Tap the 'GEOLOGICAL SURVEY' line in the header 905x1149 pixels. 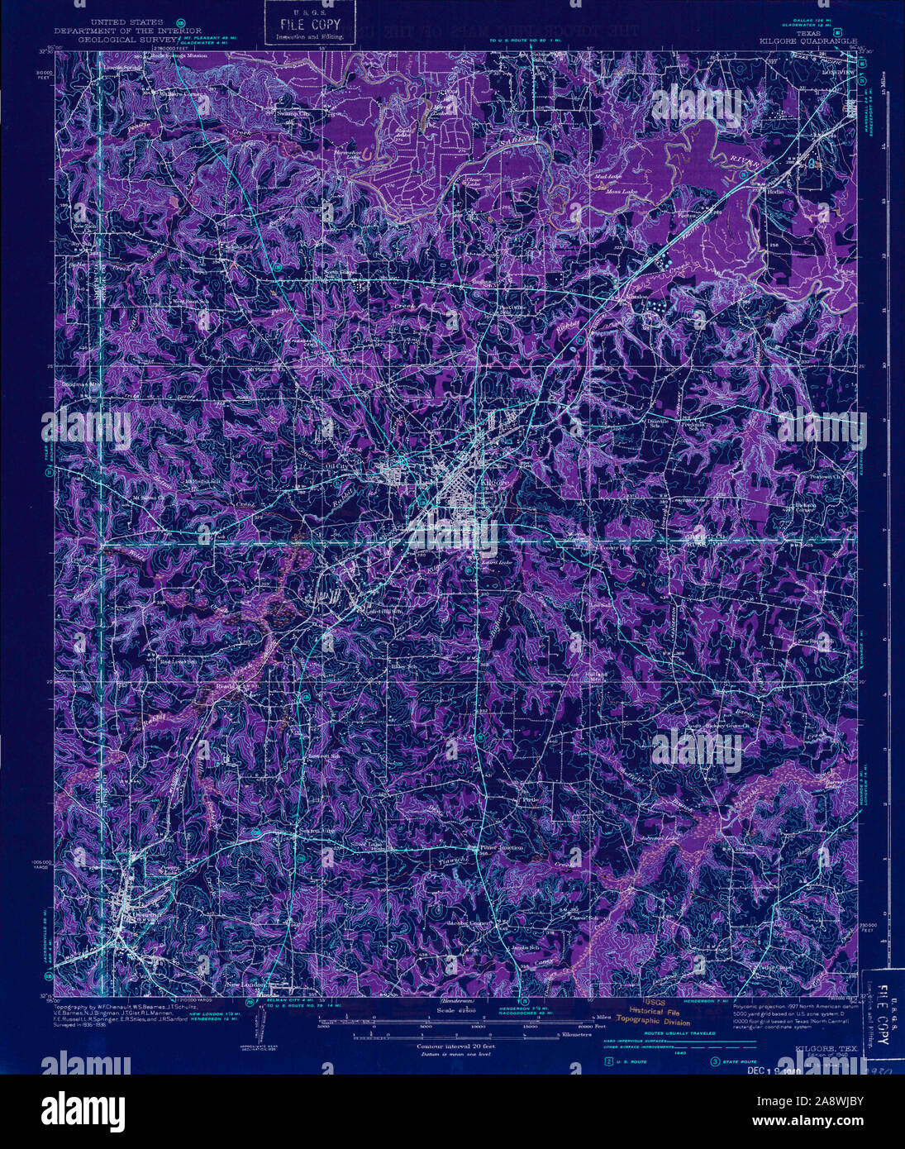pos(126,39)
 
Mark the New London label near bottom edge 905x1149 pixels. pos(245,985)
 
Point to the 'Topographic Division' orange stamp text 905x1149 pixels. pos(657,1023)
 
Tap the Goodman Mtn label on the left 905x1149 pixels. pos(76,384)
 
